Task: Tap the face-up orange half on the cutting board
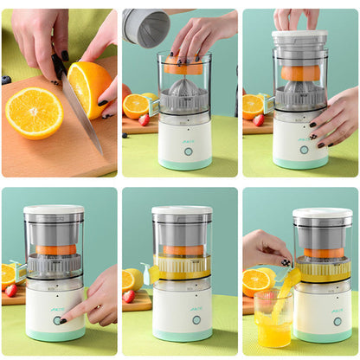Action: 34,112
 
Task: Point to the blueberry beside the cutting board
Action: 6,80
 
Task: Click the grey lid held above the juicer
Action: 145,27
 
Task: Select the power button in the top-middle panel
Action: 188,151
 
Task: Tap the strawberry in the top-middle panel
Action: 144,119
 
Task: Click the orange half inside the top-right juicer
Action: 299,74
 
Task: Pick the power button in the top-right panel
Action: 303,150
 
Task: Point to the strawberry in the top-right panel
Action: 259,119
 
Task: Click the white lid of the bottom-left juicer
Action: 54,210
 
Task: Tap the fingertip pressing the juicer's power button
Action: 64,318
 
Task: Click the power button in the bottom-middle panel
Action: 196,319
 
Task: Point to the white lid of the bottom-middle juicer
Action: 182,210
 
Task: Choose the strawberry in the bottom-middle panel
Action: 129,296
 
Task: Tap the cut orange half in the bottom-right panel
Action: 257,282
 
